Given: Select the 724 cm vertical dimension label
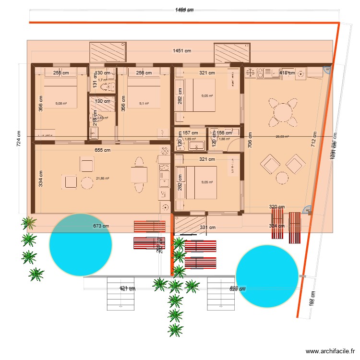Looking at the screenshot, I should click(x=19, y=139).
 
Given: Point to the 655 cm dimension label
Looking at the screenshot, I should click(x=102, y=150).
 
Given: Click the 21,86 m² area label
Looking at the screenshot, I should click(x=103, y=178).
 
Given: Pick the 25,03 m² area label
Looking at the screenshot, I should click(x=282, y=136).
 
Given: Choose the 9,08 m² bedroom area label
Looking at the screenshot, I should click(x=62, y=103).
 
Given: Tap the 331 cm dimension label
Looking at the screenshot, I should click(x=208, y=228).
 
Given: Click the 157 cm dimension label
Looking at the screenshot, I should click(x=191, y=132).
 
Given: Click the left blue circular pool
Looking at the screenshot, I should click(x=81, y=245).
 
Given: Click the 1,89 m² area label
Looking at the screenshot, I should click(x=191, y=139).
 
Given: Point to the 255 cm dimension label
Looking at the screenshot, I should click(x=61, y=73).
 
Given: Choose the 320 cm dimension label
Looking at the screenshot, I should click(x=276, y=207).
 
